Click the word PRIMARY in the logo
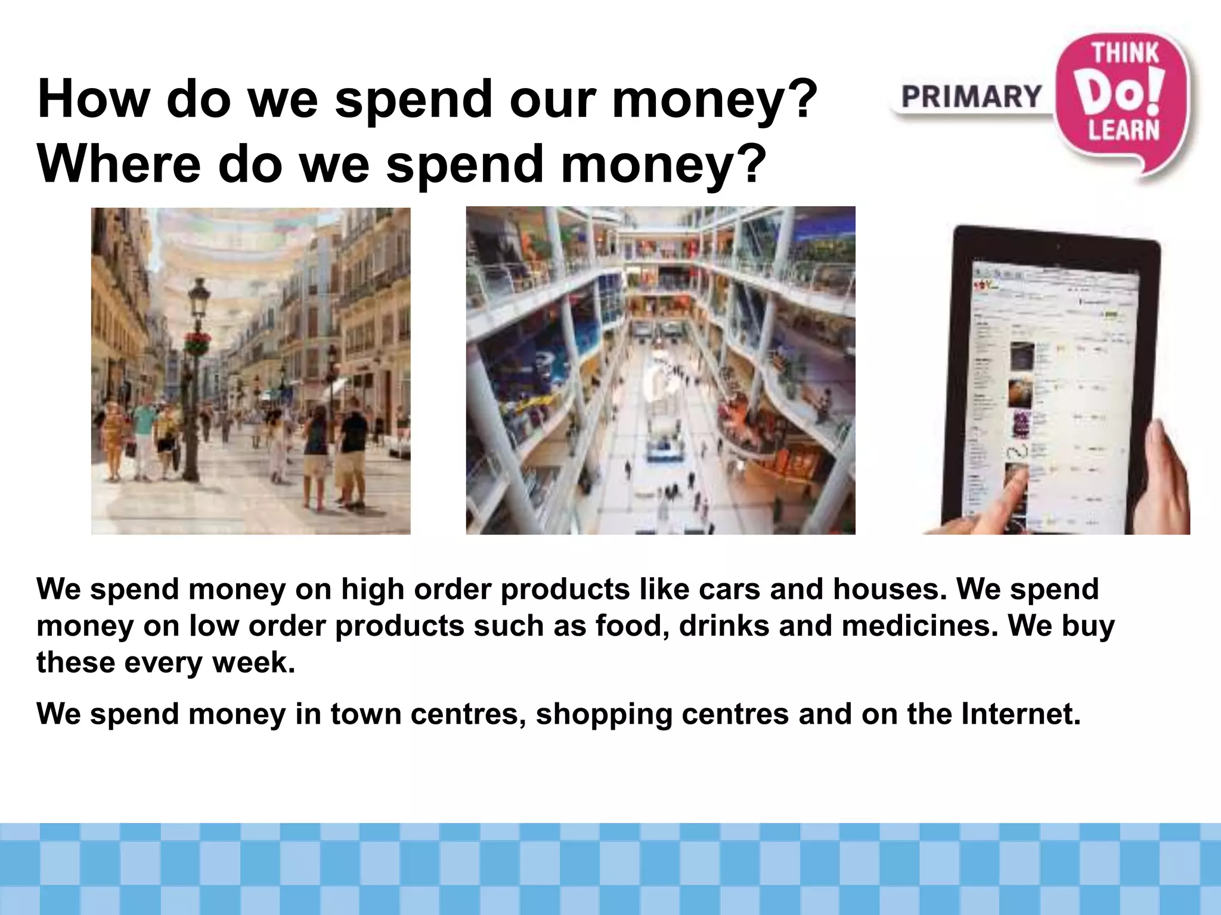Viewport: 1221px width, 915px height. (x=971, y=97)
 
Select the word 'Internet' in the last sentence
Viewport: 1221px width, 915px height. (x=1020, y=714)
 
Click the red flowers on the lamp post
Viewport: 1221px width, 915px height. (x=197, y=342)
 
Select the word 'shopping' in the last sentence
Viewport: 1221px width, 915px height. (x=603, y=715)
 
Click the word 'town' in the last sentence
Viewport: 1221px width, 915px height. (x=365, y=714)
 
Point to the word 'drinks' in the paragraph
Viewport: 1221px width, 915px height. (x=724, y=626)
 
